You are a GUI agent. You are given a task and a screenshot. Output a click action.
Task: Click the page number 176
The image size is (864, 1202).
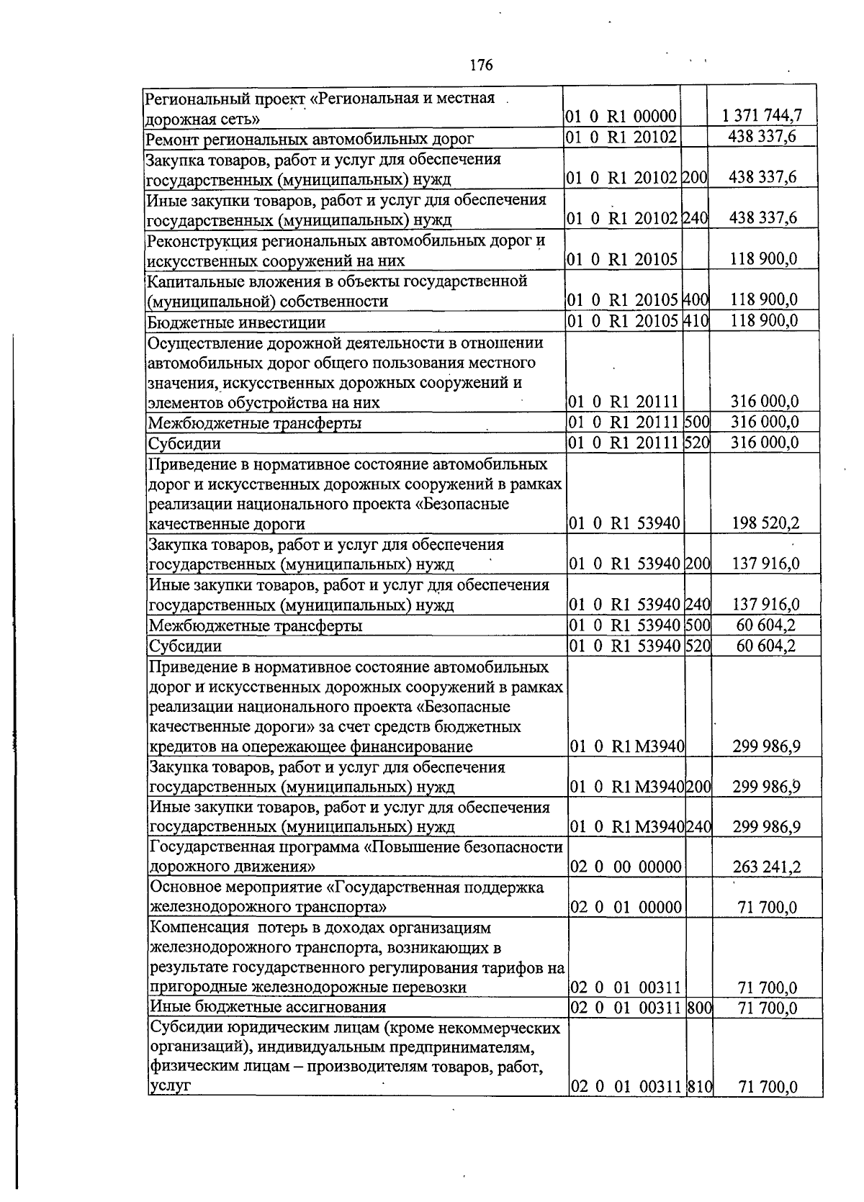pyautogui.click(x=481, y=65)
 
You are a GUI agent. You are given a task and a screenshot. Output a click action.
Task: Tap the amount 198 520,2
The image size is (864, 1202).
pyautogui.click(x=765, y=523)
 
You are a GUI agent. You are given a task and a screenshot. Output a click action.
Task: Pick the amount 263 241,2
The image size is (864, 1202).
pyautogui.click(x=766, y=867)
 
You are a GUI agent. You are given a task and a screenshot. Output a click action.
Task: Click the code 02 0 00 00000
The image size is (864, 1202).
pyautogui.click(x=626, y=867)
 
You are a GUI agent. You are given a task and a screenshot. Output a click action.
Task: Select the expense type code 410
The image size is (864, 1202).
pyautogui.click(x=696, y=321)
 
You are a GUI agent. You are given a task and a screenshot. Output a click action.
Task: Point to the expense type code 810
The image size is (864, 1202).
pyautogui.click(x=699, y=1087)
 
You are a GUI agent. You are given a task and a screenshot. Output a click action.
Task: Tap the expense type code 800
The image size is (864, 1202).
pyautogui.click(x=699, y=1008)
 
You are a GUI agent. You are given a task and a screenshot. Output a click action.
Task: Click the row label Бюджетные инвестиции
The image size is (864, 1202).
pyautogui.click(x=237, y=322)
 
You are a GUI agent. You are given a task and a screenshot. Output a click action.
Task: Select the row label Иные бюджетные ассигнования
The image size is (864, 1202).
pyautogui.click(x=267, y=1007)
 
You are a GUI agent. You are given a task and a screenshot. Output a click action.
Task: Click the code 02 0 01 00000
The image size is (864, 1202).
pyautogui.click(x=626, y=907)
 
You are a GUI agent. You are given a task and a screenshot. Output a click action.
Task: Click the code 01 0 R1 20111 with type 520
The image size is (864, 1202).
pyautogui.click(x=624, y=443)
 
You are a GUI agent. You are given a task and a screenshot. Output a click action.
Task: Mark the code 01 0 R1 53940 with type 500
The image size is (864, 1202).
pyautogui.click(x=624, y=625)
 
